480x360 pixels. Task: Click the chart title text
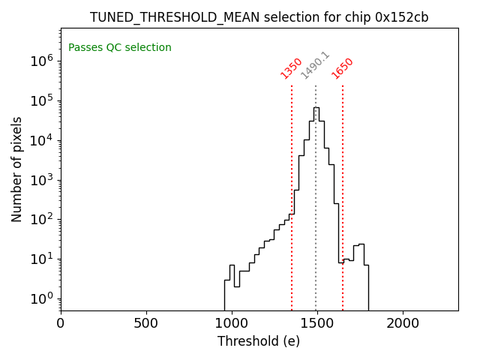coord(259,17)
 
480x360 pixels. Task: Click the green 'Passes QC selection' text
coord(120,48)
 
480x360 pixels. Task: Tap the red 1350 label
coord(291,68)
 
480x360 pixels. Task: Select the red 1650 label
coord(342,68)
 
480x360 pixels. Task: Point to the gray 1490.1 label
coord(315,65)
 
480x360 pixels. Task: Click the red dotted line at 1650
coord(343,187)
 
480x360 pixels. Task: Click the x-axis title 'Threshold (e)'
coord(259,341)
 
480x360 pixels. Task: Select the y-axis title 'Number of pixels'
coord(16,169)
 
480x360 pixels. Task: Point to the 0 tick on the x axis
coord(61,323)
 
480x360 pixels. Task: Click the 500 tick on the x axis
coord(146,323)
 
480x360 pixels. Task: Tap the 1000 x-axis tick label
coord(232,323)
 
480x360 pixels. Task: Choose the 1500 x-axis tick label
coord(317,323)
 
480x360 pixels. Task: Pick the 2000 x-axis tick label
coord(403,323)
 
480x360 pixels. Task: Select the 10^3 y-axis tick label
coord(42,180)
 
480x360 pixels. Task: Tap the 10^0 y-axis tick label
coord(42,298)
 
